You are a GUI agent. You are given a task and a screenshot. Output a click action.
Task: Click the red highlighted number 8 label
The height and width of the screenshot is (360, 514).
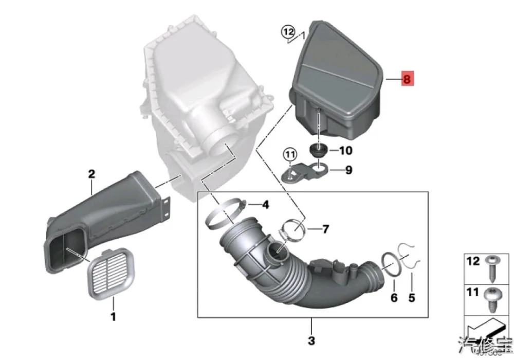(x=407, y=79)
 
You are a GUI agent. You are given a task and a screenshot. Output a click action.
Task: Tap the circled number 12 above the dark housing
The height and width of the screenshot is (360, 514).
(x=287, y=32)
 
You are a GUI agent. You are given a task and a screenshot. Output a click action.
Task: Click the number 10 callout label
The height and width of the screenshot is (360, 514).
(x=345, y=151)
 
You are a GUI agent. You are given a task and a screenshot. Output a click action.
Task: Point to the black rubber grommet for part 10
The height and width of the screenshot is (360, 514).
(x=319, y=150)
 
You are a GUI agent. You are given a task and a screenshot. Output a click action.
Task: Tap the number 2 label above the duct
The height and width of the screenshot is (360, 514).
(x=91, y=174)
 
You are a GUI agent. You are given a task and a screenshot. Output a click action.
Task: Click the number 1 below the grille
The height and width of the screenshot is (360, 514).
(x=113, y=316)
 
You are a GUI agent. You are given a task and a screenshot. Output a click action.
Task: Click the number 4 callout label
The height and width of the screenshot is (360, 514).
(x=265, y=205)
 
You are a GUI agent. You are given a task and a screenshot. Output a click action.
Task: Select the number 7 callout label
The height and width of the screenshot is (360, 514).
(x=325, y=229)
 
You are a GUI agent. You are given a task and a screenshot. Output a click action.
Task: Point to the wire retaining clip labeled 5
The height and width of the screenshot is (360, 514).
(x=410, y=256)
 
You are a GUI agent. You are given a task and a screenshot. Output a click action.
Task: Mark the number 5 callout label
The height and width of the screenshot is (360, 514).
(x=411, y=297)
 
